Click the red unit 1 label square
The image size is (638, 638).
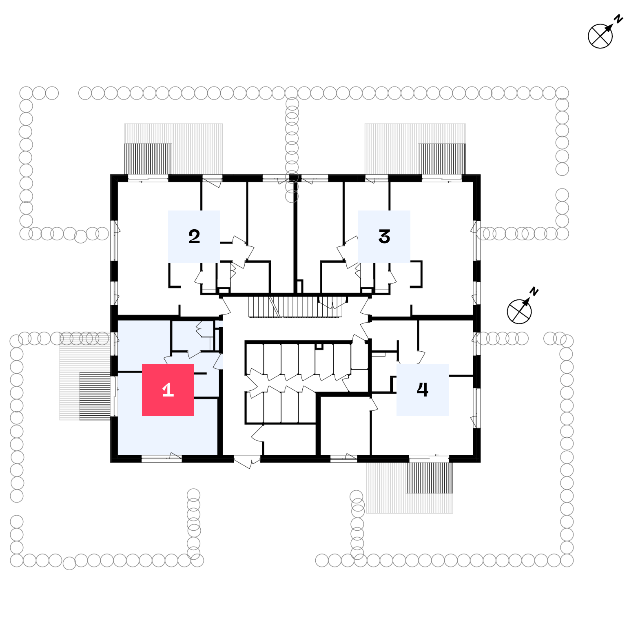click(x=168, y=390)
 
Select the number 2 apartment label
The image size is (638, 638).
click(x=194, y=236)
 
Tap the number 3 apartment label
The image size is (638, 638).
click(x=384, y=236)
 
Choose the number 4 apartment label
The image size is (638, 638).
click(x=422, y=390)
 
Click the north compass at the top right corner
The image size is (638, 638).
click(x=600, y=35)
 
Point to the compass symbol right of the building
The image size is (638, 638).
click(x=519, y=311)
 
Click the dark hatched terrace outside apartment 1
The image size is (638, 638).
click(x=95, y=396)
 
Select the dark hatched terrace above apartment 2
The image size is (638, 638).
click(x=148, y=159)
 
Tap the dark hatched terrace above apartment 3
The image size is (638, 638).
click(x=442, y=159)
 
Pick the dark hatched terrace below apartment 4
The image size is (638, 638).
click(x=430, y=478)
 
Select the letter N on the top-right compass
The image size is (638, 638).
click(x=619, y=19)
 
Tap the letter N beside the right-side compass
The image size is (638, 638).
click(x=534, y=291)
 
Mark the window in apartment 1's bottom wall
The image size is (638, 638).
click(x=162, y=459)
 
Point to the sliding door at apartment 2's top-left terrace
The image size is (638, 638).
click(x=148, y=178)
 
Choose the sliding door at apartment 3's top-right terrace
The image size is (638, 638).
click(x=442, y=178)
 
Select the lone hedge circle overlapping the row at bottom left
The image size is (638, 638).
click(x=69, y=564)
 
